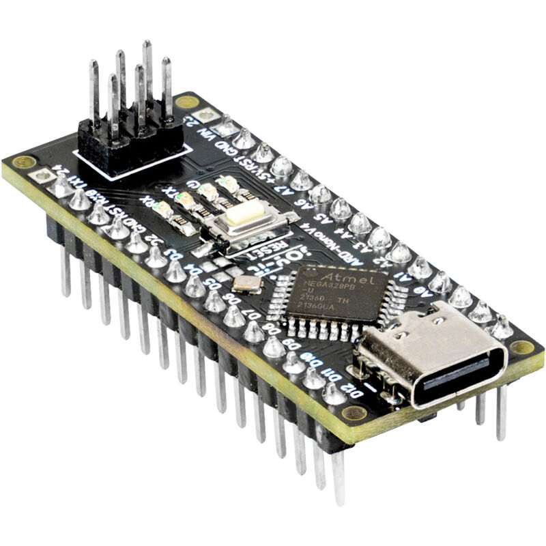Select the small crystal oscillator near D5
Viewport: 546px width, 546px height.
point(247,285)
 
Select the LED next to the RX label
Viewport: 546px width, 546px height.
point(164,209)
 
